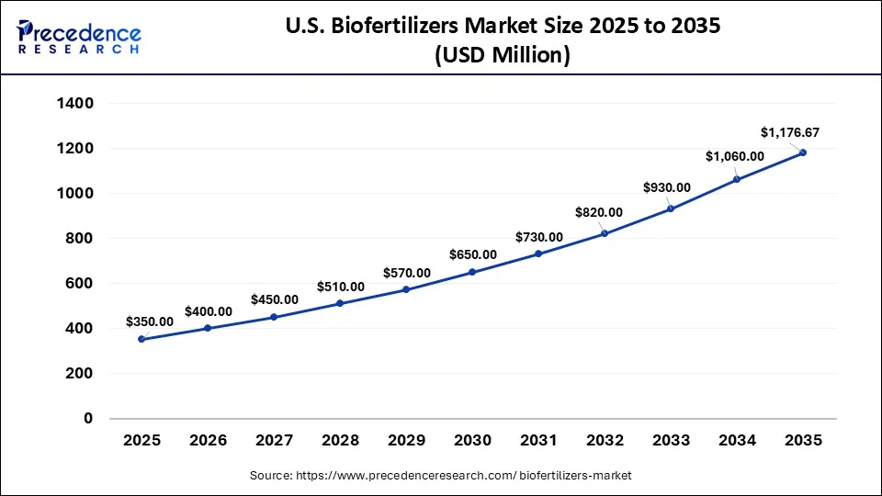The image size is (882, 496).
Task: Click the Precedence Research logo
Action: [79, 38]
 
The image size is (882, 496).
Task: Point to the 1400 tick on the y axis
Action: [75, 104]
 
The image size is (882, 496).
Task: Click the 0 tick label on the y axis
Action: [88, 419]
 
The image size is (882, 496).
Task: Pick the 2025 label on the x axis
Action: [141, 441]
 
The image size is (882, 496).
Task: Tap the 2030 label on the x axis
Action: [472, 441]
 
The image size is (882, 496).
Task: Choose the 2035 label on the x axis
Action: [803, 441]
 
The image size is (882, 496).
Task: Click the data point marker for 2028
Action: [340, 303]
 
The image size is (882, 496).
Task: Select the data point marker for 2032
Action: [605, 233]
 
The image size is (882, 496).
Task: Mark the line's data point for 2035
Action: [803, 152]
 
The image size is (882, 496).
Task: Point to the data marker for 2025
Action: [141, 339]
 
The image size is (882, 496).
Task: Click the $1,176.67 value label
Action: [790, 133]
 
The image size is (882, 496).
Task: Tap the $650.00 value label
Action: [473, 254]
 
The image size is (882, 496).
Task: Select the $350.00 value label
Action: [150, 321]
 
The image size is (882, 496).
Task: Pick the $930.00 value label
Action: [666, 187]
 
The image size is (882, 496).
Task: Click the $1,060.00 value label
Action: [735, 156]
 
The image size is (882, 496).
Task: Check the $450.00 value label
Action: [275, 299]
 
